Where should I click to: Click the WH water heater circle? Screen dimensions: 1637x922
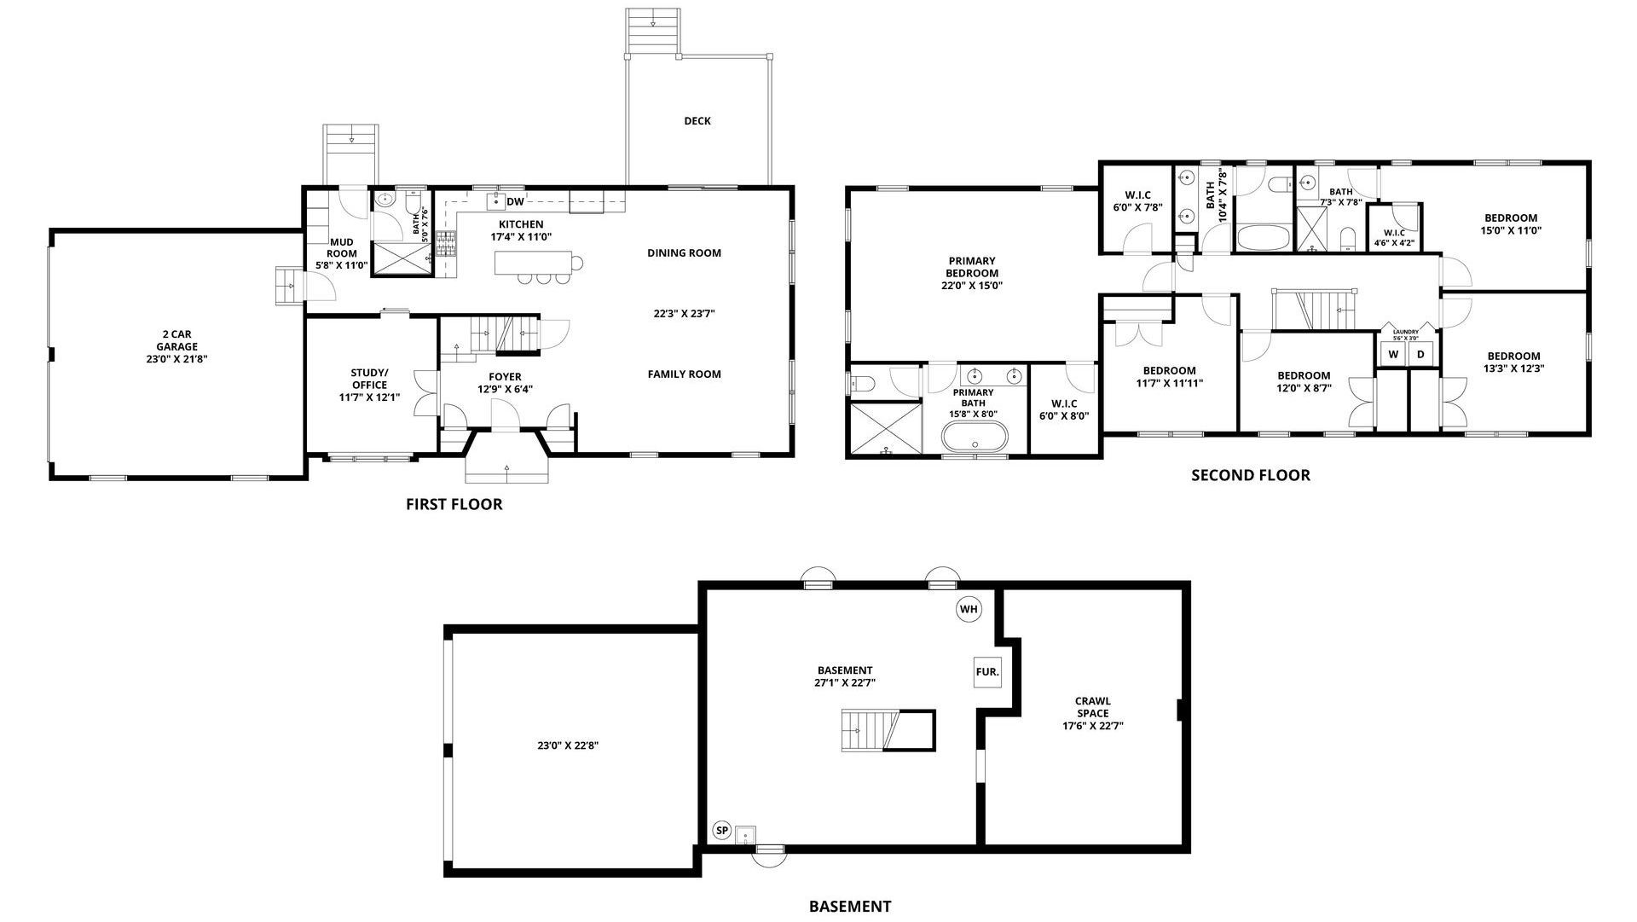coord(969,609)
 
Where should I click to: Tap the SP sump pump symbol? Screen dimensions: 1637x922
coord(722,830)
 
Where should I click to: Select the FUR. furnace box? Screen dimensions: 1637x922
coord(987,672)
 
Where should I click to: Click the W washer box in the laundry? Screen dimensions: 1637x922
coord(1393,354)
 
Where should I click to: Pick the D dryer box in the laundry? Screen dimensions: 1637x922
coord(1420,354)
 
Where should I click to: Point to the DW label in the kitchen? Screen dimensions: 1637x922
coord(515,202)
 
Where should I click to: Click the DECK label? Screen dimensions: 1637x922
coord(697,121)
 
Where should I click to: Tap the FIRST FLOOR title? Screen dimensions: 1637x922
coord(454,504)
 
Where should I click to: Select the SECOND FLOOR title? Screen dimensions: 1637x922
coord(1251,475)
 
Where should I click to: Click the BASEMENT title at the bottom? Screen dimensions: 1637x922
coord(850,907)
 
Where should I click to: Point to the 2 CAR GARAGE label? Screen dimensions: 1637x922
coord(176,340)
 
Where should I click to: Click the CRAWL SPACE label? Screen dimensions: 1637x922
coord(1093,707)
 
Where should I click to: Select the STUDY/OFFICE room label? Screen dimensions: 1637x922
coord(369,379)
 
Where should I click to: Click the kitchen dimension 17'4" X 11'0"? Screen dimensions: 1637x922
coord(521,236)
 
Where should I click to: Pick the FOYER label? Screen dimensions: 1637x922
coord(505,377)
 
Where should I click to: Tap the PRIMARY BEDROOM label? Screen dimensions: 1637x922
coord(972,267)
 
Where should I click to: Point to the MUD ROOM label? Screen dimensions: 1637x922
coord(341,247)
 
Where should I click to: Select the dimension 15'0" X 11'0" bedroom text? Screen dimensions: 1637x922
coord(1511,230)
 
